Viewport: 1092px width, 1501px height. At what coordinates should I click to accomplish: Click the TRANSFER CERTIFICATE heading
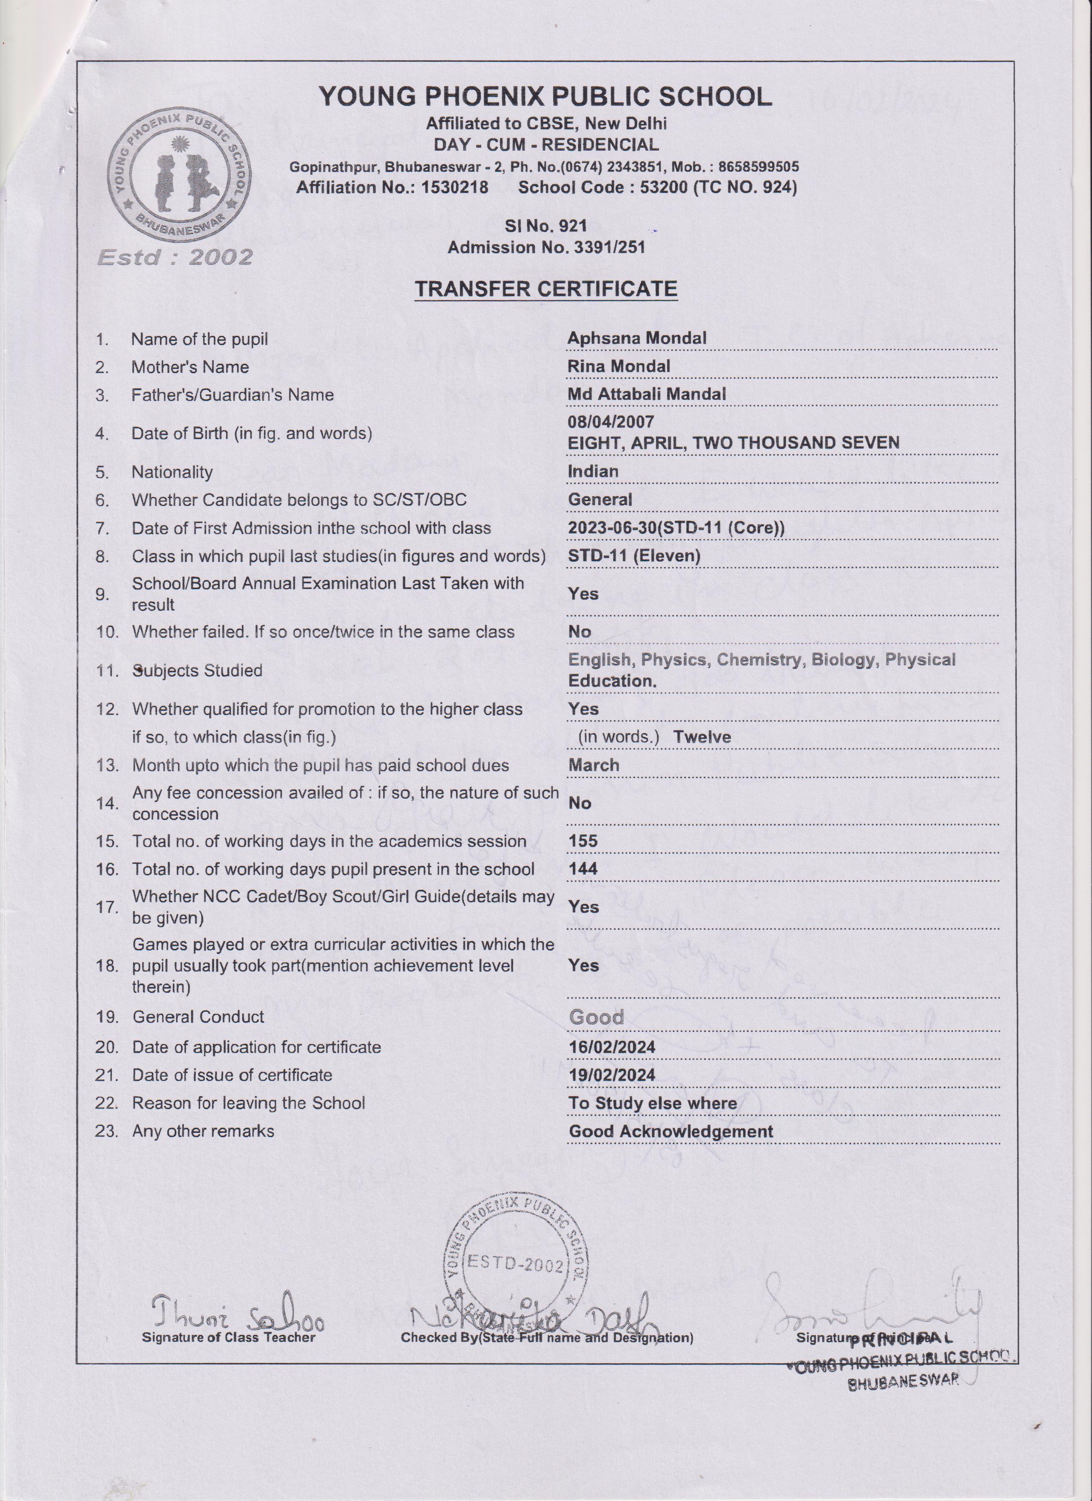click(x=546, y=289)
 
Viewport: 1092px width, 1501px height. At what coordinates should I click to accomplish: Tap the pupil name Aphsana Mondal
click(x=636, y=338)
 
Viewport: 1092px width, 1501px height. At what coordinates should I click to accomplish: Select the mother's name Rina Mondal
click(x=618, y=366)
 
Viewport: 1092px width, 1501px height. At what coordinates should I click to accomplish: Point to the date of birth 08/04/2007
click(x=611, y=422)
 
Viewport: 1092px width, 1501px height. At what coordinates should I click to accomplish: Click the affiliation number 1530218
click(x=454, y=187)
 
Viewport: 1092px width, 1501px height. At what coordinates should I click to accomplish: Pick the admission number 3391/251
click(x=609, y=247)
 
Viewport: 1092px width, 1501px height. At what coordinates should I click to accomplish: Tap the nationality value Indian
click(x=593, y=471)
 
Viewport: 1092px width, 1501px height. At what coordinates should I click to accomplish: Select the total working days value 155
click(x=583, y=841)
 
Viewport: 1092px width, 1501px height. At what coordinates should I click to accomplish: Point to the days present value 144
click(x=583, y=869)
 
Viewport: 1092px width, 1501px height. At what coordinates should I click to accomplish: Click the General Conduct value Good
click(x=596, y=1017)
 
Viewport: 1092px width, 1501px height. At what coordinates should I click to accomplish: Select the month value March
click(x=594, y=765)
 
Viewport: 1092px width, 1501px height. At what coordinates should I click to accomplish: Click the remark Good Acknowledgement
click(x=670, y=1131)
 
